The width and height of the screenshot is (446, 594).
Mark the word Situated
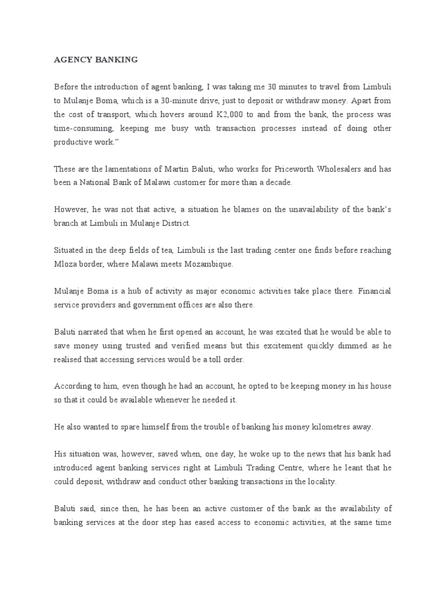[x=71, y=250]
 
